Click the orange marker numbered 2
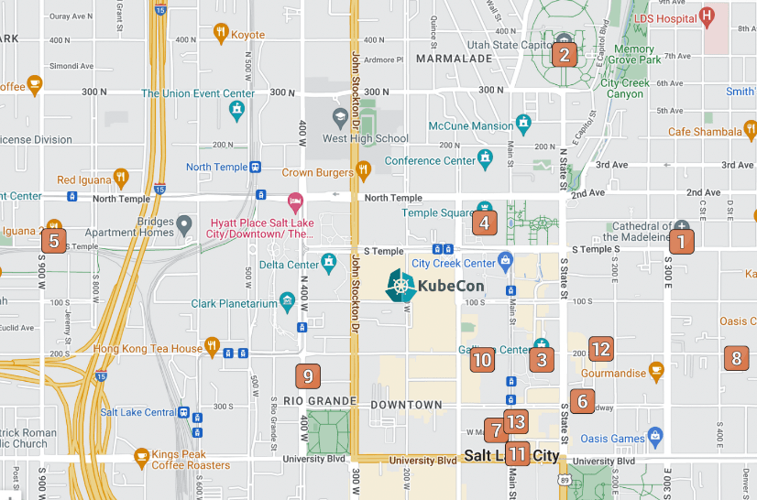565,55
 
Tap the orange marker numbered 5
54,242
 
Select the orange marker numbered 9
308,375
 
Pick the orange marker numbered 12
600,349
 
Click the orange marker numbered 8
735,358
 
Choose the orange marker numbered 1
681,242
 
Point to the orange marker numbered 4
484,222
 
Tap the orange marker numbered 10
482,359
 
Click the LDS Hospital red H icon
707,16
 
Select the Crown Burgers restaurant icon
363,168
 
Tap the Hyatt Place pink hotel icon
295,200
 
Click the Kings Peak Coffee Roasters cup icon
141,455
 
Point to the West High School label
366,139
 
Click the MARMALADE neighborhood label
454,59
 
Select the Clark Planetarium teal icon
288,300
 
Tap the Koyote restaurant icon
220,34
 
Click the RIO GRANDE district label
319,401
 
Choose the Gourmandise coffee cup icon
655,369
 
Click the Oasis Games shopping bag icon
654,436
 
